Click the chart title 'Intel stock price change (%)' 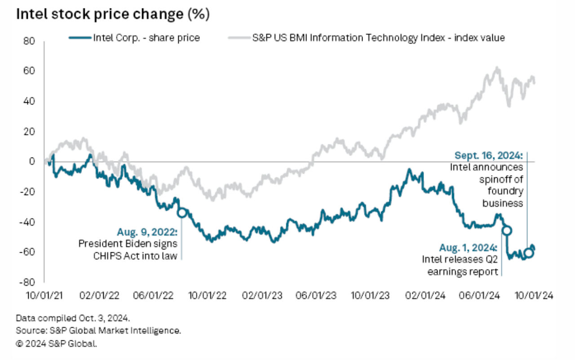click(113, 14)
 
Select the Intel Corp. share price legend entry click(134, 38)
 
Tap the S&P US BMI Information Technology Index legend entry click(367, 38)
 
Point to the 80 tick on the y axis click(29, 41)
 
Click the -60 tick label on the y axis click(27, 252)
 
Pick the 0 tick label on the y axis click(32, 162)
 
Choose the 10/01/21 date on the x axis click(44, 296)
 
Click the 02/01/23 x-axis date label click(262, 296)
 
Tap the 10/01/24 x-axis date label click(534, 296)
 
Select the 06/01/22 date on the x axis click(153, 296)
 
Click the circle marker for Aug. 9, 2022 click(182, 213)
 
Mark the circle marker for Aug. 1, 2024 click(507, 231)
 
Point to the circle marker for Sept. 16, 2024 click(529, 253)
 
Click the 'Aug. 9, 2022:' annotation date click(147, 232)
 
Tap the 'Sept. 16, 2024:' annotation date click(489, 155)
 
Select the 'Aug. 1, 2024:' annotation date click(469, 248)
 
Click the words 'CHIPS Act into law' click(135, 256)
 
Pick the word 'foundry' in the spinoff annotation click(505, 191)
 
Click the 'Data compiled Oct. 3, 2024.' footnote click(73, 318)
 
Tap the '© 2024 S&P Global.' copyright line click(57, 343)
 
